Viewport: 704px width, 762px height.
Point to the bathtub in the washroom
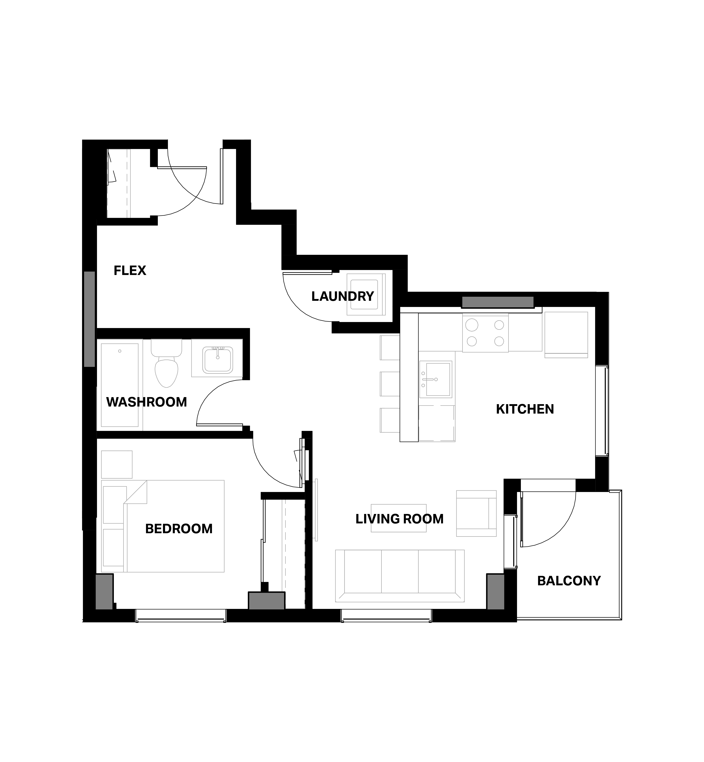120,385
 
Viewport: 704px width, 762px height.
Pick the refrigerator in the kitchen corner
566,335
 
